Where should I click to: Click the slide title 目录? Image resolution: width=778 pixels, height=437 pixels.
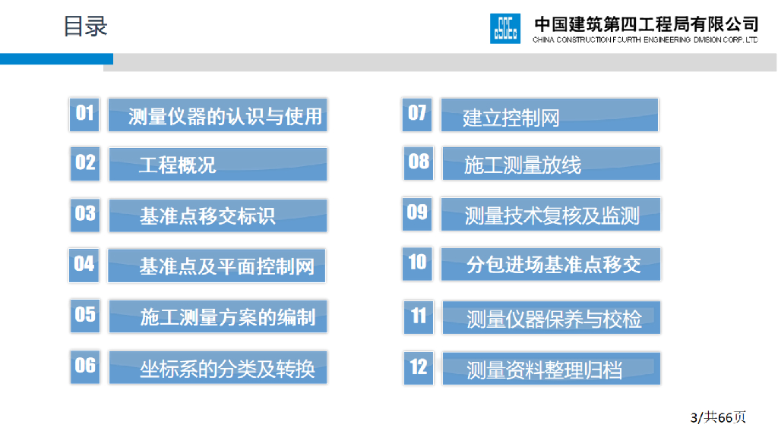(85, 27)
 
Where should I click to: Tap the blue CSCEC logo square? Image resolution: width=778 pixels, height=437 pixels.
(505, 29)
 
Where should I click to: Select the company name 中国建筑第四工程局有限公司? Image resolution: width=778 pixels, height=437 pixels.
(646, 24)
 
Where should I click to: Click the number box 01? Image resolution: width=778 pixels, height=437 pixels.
(84, 115)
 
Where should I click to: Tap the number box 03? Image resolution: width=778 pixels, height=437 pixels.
(85, 215)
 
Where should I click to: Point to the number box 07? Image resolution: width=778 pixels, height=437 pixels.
(417, 115)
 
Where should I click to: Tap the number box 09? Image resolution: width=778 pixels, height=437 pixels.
(417, 214)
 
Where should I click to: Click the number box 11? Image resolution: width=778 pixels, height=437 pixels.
(419, 317)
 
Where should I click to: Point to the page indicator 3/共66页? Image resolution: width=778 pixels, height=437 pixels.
(718, 417)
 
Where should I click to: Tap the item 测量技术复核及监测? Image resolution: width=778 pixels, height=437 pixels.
(551, 215)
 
